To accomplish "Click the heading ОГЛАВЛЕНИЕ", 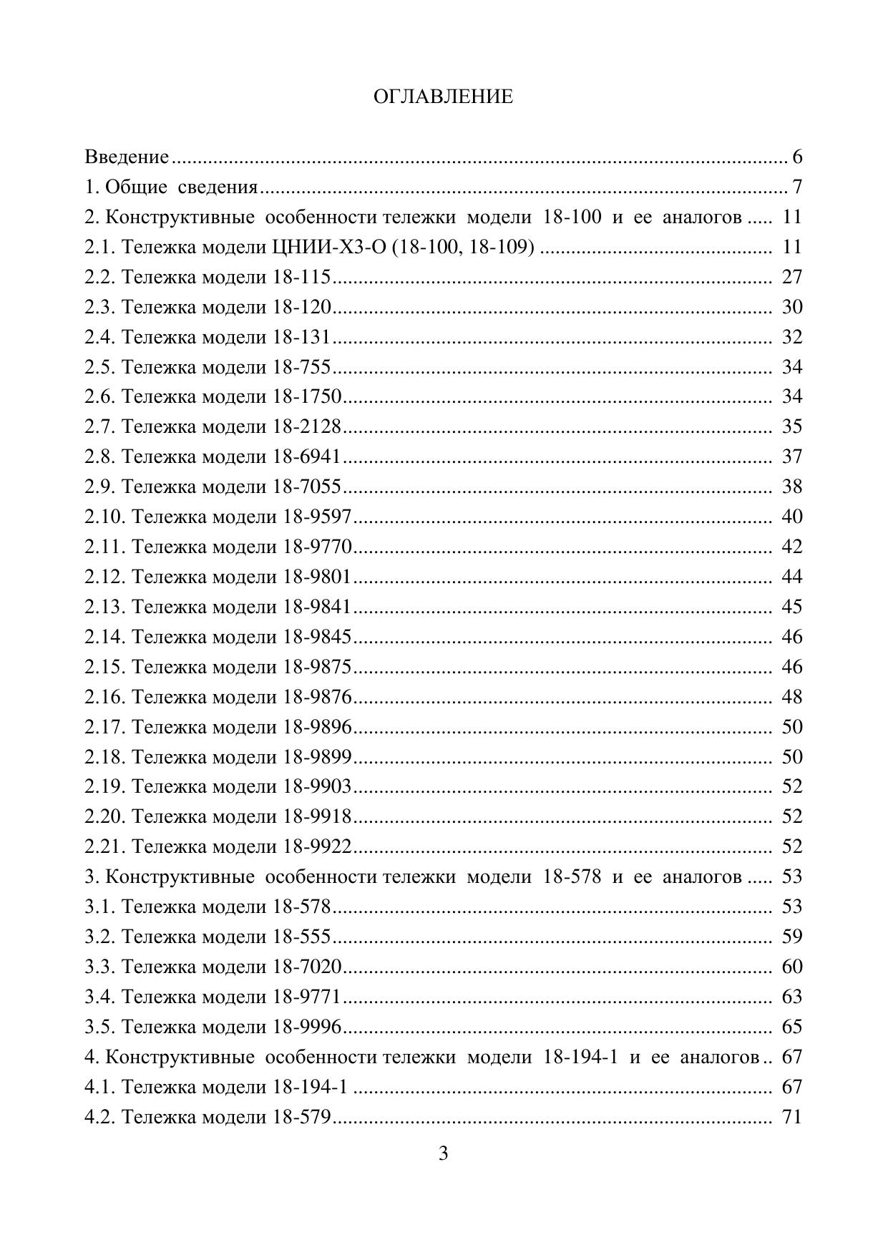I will coord(443,97).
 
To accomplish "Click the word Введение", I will coord(127,157).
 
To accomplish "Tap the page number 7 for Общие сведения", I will coord(797,187).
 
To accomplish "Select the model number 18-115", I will coord(301,277).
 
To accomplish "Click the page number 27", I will coord(792,277).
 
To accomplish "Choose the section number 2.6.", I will coord(100,396).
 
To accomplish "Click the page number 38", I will coord(792,487).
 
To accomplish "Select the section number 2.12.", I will coord(106,577).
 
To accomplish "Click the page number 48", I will coord(792,697).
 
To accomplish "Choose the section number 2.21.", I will coord(106,846).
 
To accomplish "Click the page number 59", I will coord(792,937).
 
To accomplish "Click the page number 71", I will coord(792,1117).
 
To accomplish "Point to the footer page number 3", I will coord(443,1153).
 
